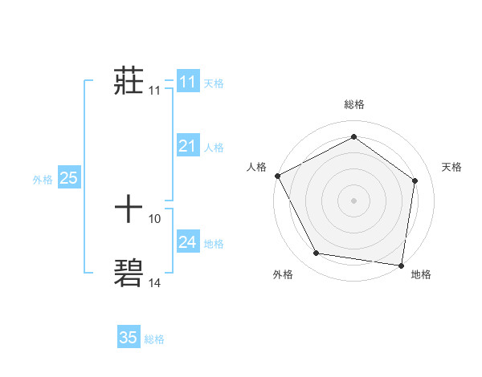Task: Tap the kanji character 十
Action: [129, 209]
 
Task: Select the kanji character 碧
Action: [129, 273]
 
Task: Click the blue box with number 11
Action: [187, 82]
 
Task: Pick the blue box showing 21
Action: [187, 146]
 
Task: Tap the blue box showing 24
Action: [187, 242]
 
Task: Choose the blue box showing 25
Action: [68, 178]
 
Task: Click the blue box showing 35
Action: [129, 338]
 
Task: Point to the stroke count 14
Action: [155, 282]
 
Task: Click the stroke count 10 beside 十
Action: [155, 218]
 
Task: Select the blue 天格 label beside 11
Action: [214, 83]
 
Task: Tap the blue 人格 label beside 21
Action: [214, 147]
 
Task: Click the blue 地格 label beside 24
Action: [214, 243]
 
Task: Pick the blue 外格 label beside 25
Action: [43, 180]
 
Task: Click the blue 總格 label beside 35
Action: [154, 338]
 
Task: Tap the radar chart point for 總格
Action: [353, 137]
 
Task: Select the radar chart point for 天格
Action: [415, 180]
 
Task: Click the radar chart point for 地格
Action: [401, 265]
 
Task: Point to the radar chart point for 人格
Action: [277, 176]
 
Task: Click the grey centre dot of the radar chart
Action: [353, 200]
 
